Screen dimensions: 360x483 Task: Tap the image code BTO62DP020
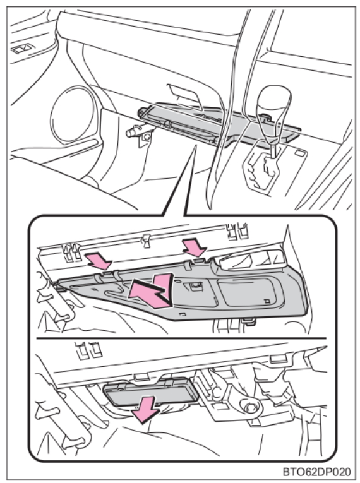coord(317,472)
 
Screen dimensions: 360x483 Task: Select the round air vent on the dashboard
coord(73,114)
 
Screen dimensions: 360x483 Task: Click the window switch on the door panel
coord(23,49)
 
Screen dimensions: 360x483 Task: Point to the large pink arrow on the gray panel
coord(152,290)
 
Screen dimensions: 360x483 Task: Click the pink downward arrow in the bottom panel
coord(145,410)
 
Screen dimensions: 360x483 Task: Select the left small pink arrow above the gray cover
coord(98,261)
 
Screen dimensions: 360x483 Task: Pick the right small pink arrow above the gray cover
coord(195,247)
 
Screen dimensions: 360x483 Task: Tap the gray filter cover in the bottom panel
coord(151,393)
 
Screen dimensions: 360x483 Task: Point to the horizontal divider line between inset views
coord(181,338)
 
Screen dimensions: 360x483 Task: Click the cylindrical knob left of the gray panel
coord(133,131)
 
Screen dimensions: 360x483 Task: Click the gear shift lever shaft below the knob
coord(273,148)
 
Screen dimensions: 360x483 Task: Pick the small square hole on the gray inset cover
coord(267,301)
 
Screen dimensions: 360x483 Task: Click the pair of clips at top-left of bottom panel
coord(89,349)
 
